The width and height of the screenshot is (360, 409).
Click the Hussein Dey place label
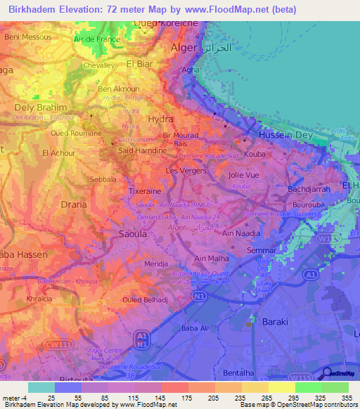[284, 134]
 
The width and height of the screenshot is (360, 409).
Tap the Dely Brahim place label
[41, 108]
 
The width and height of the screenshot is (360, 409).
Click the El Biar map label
[139, 63]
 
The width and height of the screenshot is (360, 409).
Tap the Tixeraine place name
[146, 191]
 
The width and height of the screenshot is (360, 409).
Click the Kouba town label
[255, 152]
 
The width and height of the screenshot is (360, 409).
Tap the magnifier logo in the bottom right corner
[328, 372]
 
